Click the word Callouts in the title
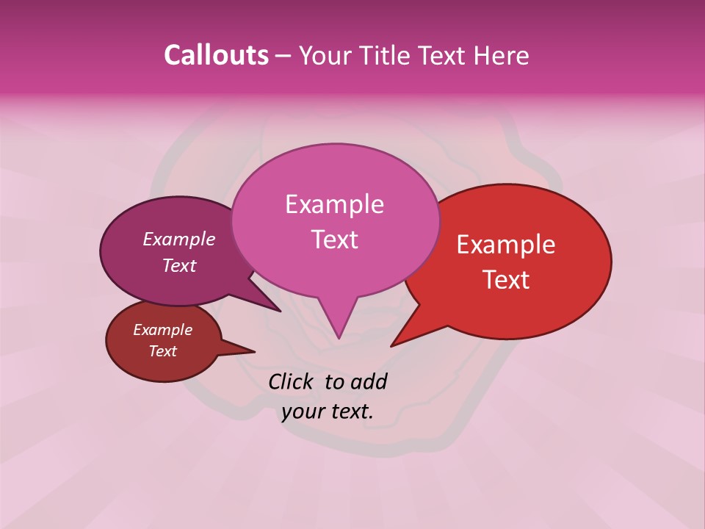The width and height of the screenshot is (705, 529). (x=216, y=55)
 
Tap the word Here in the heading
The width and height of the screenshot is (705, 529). (x=501, y=55)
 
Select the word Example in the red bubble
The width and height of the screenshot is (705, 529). (x=506, y=245)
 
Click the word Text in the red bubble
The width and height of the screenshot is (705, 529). (x=506, y=280)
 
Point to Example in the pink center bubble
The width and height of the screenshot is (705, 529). (x=334, y=204)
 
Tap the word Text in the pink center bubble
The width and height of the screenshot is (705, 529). (x=334, y=240)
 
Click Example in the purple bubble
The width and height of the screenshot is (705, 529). (x=179, y=239)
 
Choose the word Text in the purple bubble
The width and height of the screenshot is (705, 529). (x=179, y=265)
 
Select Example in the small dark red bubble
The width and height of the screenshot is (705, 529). (x=162, y=330)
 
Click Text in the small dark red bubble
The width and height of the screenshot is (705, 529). (x=162, y=351)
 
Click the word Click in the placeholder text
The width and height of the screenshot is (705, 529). (x=292, y=381)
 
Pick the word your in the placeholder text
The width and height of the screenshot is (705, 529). (x=303, y=411)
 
